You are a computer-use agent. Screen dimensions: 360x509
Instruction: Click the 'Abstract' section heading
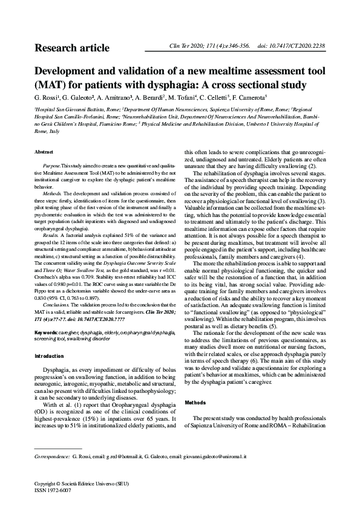pyautogui.click(x=44, y=151)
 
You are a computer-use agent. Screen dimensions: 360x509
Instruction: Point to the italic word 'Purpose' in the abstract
pyautogui.click(x=51, y=166)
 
